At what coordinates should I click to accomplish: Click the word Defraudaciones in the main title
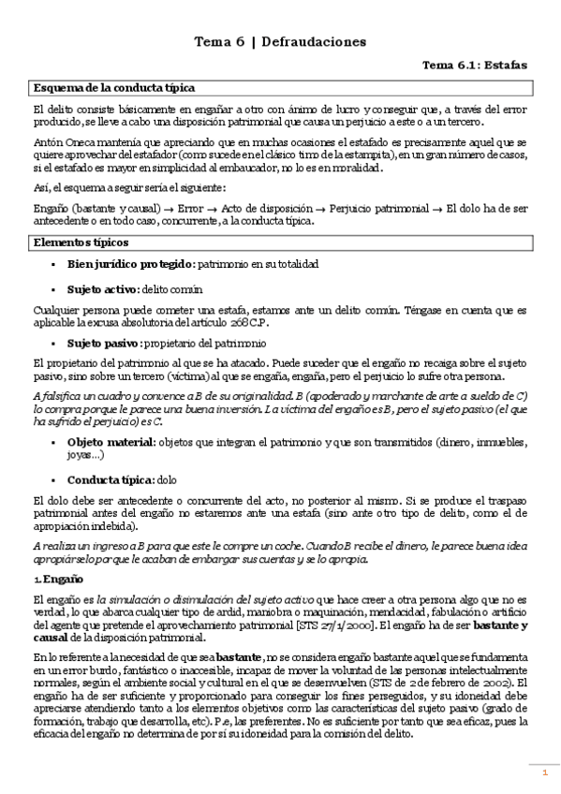(x=314, y=42)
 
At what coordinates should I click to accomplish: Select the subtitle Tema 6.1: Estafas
(x=475, y=66)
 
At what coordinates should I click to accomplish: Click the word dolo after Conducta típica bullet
(x=167, y=478)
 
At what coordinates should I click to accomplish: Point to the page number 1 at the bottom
(x=543, y=772)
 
